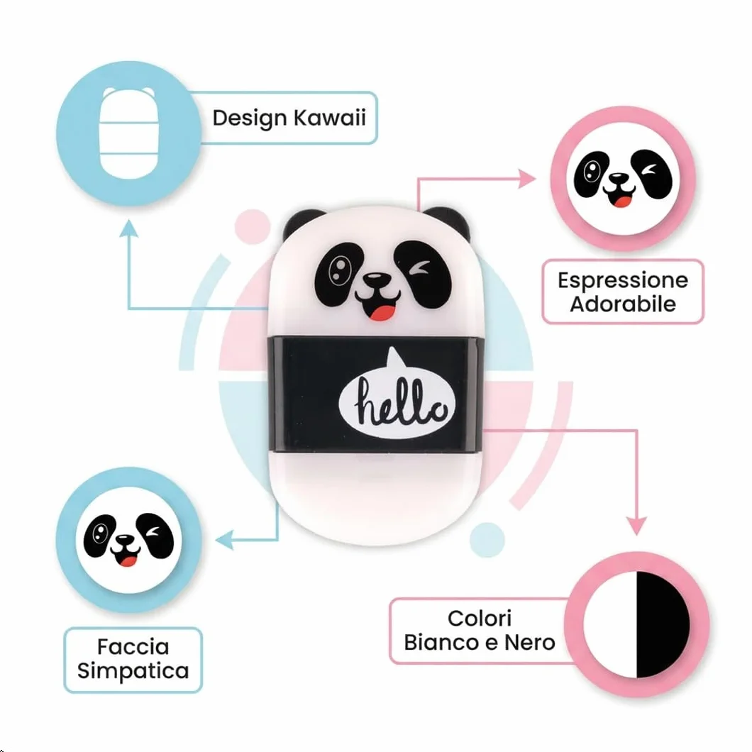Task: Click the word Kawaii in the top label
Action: click(x=329, y=118)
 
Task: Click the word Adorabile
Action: click(x=623, y=304)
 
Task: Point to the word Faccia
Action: click(x=133, y=646)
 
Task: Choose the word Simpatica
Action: click(x=133, y=671)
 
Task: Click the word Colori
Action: click(x=480, y=618)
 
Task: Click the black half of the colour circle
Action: click(x=663, y=625)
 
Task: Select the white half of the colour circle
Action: click(x=610, y=625)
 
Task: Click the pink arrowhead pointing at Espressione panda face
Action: click(x=528, y=179)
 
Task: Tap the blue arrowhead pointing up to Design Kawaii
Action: click(x=128, y=228)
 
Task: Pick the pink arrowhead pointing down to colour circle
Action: click(x=637, y=526)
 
